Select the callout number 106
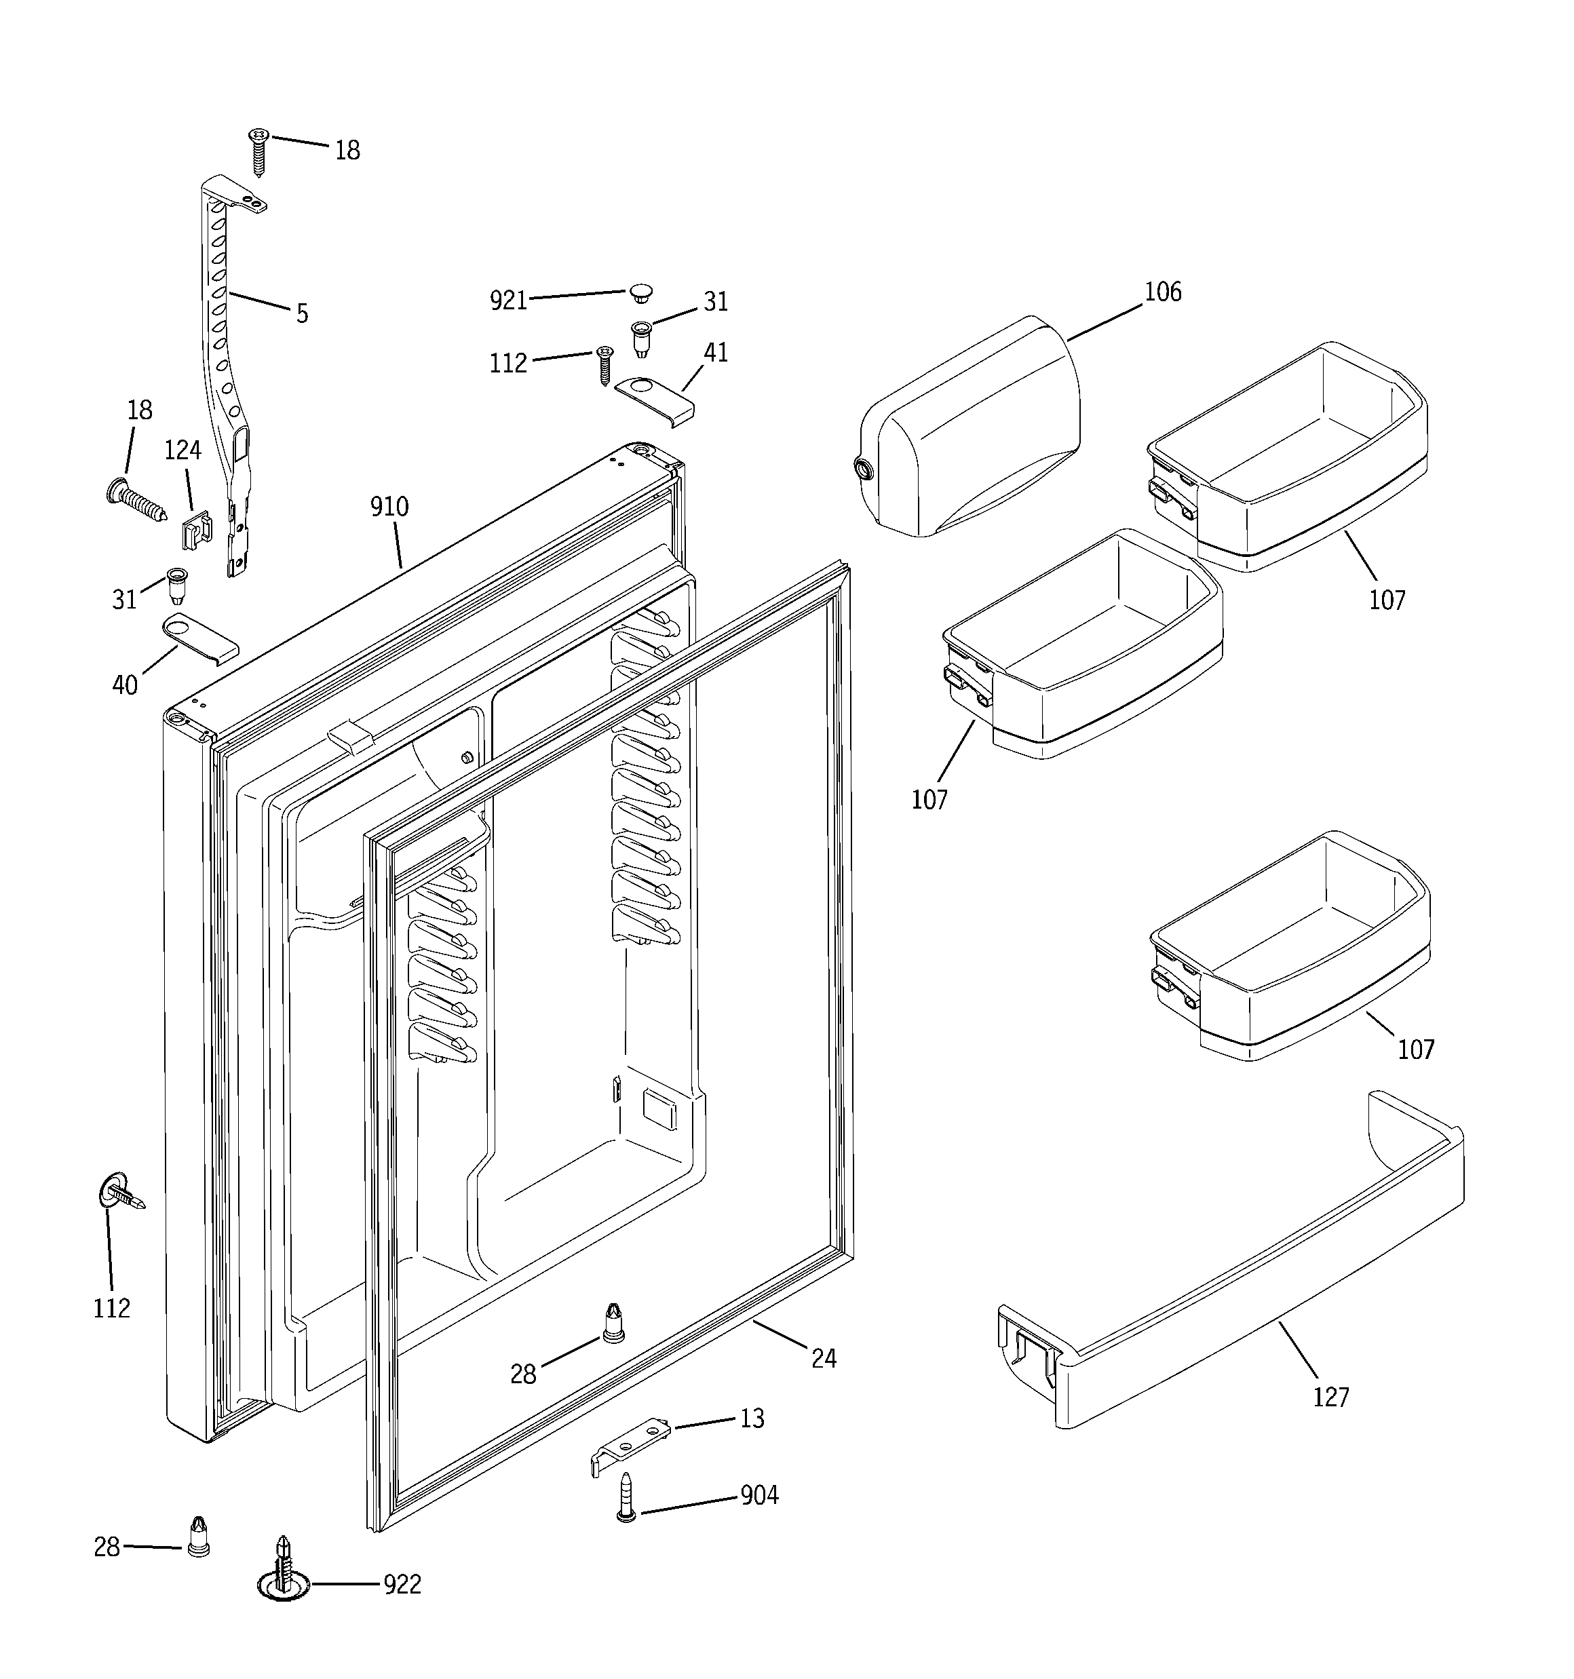[x=1163, y=292]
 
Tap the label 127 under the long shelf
[x=1330, y=1397]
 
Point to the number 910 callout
[x=389, y=507]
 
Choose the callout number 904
[x=759, y=1496]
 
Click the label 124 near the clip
[x=183, y=450]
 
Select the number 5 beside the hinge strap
[x=303, y=314]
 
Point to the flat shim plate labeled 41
[x=655, y=397]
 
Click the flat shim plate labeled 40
[x=199, y=638]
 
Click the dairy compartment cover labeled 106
[x=972, y=431]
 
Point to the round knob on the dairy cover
[x=864, y=469]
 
